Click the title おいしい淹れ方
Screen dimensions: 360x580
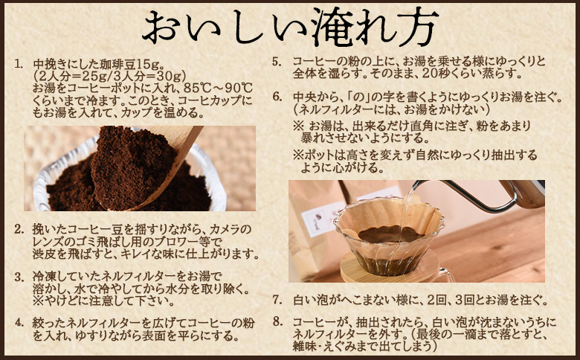290,28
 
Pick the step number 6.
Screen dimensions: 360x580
275,97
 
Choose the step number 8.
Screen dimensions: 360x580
275,323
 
